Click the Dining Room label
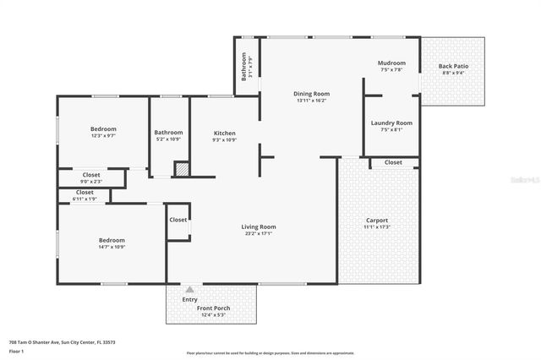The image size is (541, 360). coord(311,93)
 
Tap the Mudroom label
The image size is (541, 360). coord(391,63)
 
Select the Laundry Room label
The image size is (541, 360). coord(391,123)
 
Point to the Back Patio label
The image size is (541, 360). coord(453,66)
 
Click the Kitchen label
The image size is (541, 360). coord(224,133)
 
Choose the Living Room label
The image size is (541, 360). coord(259,226)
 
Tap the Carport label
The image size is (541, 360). coord(376,220)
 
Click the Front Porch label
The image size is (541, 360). coord(210,309)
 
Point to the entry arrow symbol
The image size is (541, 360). coord(189,290)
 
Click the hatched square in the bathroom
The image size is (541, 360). coord(182,169)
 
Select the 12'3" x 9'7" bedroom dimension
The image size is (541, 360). coord(103,135)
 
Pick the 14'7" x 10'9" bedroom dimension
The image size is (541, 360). coord(112,247)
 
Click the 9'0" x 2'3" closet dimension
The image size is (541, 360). coord(90,181)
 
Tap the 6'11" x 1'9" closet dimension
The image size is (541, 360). coord(85,199)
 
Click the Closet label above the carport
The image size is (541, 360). coord(393,161)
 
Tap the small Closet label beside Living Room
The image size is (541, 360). coord(178,220)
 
